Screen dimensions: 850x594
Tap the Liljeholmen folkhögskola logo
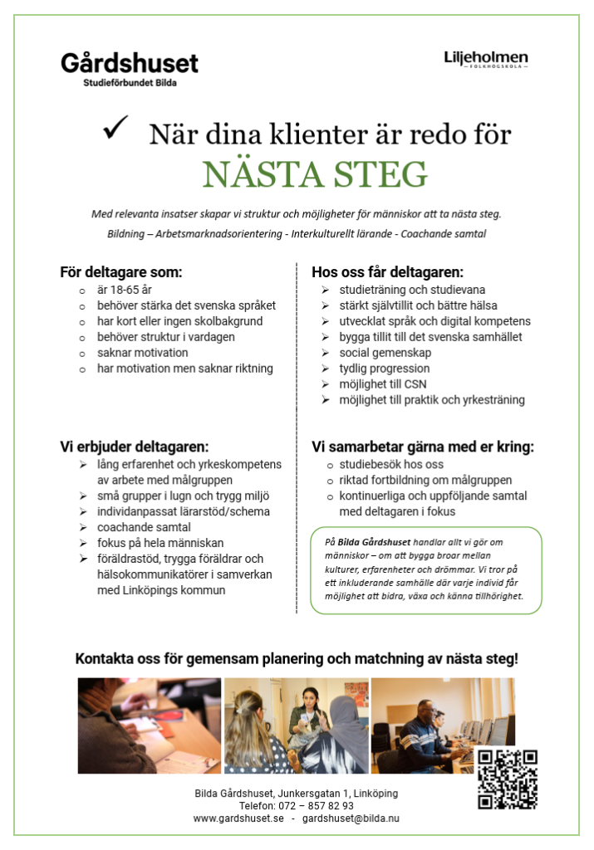486,59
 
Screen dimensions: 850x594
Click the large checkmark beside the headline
115,129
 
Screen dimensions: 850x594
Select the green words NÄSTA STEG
315,174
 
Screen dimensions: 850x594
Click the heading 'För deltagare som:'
120,272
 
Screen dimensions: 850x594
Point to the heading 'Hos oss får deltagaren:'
387,272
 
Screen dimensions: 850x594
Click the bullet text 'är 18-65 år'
125,290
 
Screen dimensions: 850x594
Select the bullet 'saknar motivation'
142,353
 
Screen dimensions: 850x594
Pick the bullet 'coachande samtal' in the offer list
144,527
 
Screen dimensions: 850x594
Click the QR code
507,779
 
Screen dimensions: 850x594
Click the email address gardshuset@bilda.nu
351,818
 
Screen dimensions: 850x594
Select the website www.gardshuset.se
238,818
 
